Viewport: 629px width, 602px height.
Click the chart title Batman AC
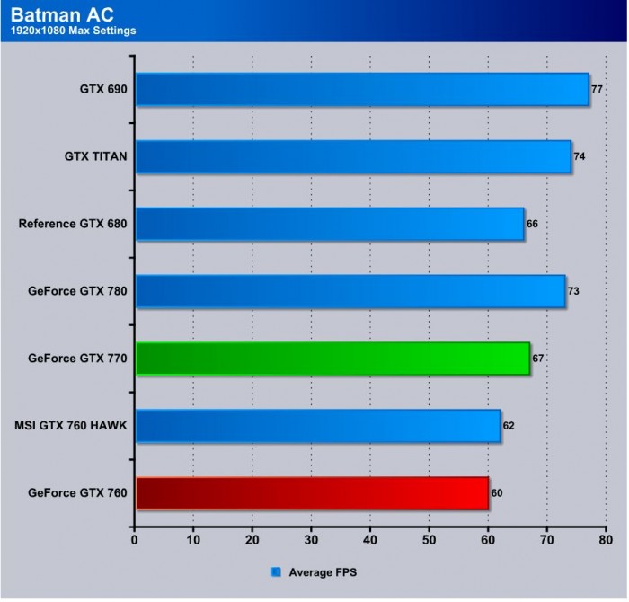tap(54, 15)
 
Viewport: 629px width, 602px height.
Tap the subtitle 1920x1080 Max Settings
tap(74, 32)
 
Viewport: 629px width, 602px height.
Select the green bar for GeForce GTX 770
tap(332, 359)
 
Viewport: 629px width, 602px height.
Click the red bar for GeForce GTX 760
tap(312, 493)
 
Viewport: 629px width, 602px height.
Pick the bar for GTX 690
tap(362, 90)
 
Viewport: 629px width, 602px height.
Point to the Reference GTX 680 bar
tap(330, 224)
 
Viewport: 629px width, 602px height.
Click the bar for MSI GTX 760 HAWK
tap(318, 425)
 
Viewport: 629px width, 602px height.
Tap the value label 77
tap(597, 90)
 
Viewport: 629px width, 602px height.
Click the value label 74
tap(580, 156)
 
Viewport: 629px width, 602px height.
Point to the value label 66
tap(532, 224)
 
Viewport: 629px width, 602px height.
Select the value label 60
tap(497, 493)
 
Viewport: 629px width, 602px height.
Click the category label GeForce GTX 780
tap(77, 291)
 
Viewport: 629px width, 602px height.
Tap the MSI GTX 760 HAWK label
tap(71, 425)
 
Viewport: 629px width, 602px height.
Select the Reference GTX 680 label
tap(73, 224)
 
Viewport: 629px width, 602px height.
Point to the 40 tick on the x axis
tap(370, 541)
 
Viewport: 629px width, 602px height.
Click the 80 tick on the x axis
tap(606, 541)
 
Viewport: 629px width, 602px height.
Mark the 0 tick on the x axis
tap(135, 541)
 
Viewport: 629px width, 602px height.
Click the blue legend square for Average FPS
tap(277, 571)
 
